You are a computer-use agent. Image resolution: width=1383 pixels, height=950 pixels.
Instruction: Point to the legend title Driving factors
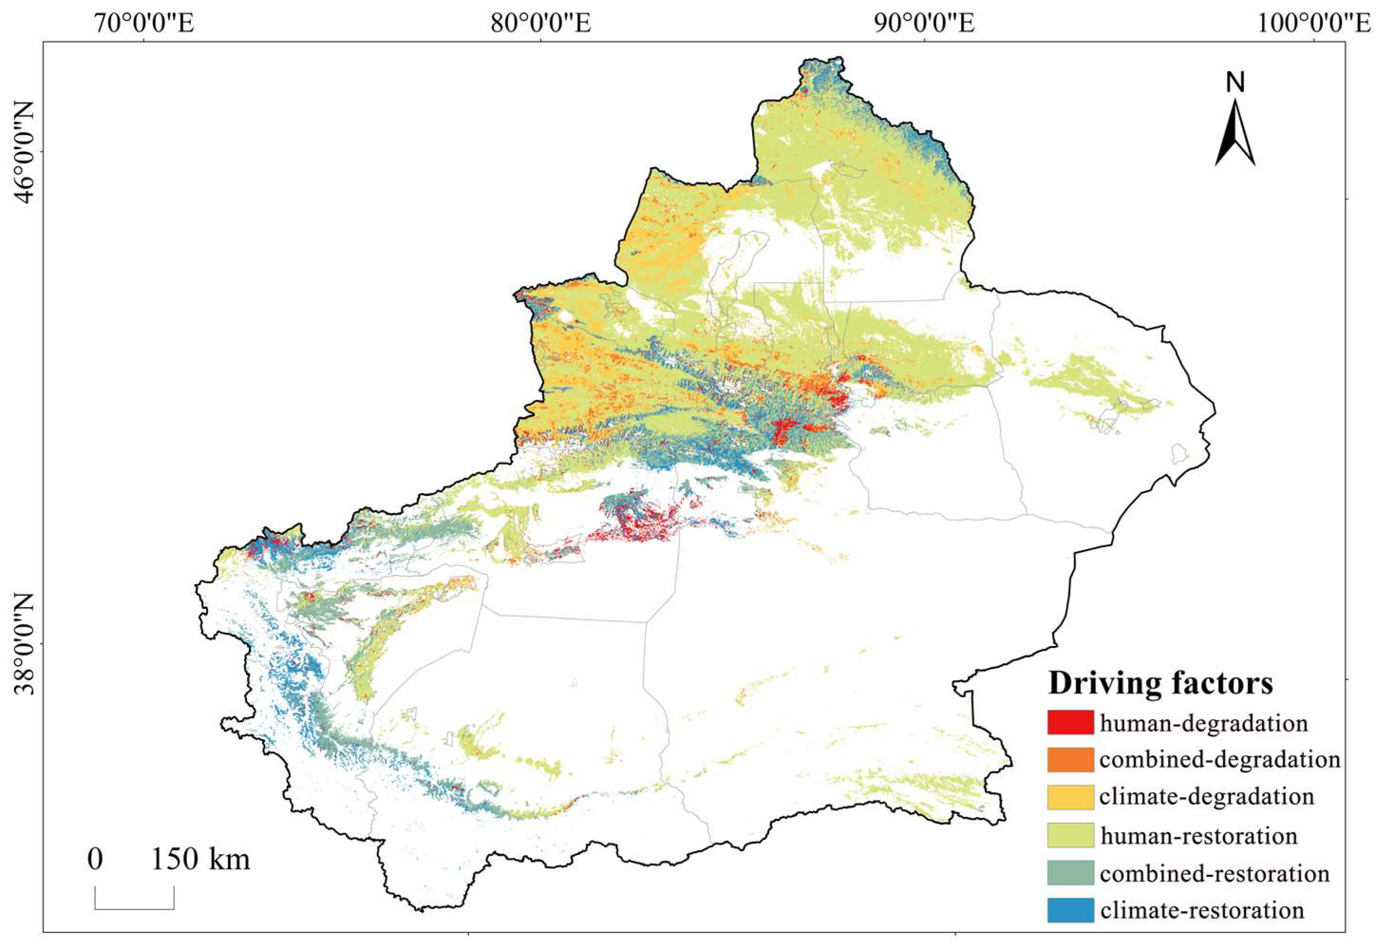point(1160,682)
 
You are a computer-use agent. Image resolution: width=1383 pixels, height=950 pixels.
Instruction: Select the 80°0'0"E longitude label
point(540,24)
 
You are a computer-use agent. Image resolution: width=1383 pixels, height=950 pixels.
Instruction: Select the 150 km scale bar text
point(200,860)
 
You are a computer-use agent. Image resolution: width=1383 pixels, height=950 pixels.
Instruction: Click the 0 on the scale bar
point(95,860)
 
